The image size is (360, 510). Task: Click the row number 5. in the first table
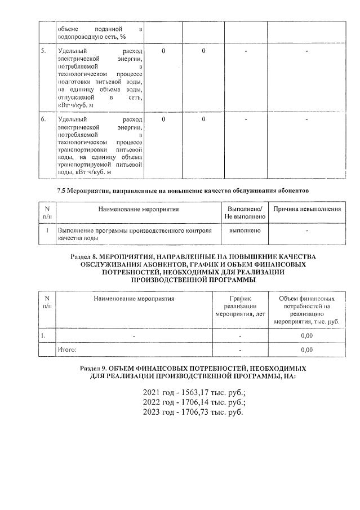point(43,52)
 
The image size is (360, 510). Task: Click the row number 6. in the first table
point(43,119)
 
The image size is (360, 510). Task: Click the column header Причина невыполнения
point(306,209)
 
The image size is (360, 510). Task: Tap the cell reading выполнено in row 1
point(245,230)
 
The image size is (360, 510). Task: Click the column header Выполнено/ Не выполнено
point(245,212)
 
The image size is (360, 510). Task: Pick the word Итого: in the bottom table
point(67,349)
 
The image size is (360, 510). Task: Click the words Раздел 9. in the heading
point(94,368)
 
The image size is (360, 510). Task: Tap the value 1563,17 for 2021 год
point(193,392)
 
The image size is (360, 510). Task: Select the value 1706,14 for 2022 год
point(193,402)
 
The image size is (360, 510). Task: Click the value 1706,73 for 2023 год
point(193,413)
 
